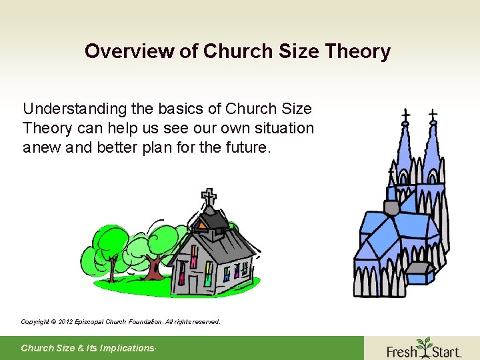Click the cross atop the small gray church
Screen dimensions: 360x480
pos(209,197)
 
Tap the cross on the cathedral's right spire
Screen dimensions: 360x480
pos(433,115)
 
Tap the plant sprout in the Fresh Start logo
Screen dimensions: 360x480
pos(423,345)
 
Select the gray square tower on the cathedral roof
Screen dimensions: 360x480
pos(391,207)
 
